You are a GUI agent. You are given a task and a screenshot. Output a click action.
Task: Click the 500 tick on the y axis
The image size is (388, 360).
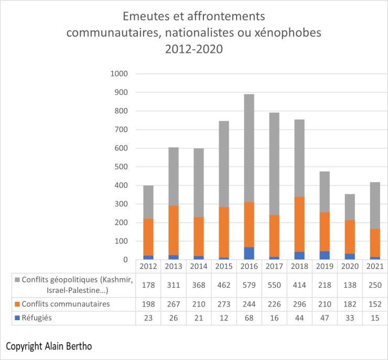(x=122, y=167)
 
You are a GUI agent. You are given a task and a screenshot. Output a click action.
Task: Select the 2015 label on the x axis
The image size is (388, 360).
(x=223, y=267)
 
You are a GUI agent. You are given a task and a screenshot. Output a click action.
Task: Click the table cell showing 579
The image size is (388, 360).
(x=249, y=285)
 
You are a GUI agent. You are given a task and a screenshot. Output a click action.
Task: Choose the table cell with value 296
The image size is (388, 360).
(x=299, y=304)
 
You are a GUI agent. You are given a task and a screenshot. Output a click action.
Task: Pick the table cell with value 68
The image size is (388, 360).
(x=249, y=318)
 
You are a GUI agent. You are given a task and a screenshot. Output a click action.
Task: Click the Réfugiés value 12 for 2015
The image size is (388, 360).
(x=223, y=318)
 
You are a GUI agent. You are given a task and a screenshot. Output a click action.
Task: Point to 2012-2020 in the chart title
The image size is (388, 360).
(x=193, y=50)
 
